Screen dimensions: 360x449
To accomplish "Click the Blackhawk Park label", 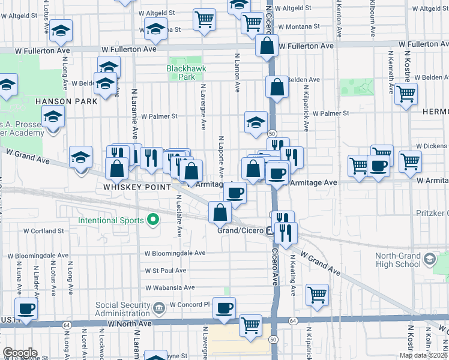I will pyautogui.click(x=186, y=73).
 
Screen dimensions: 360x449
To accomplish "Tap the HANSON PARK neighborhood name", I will pyautogui.click(x=66, y=101).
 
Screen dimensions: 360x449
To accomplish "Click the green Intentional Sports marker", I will pyautogui.click(x=153, y=220).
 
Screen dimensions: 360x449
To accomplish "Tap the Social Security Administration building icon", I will pyautogui.click(x=158, y=309).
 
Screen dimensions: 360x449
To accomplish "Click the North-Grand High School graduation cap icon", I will pyautogui.click(x=429, y=259).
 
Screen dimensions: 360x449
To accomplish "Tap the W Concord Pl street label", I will pyautogui.click(x=190, y=304).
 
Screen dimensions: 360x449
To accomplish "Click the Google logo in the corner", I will pyautogui.click(x=20, y=352).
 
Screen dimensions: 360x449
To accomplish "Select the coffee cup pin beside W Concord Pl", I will pyautogui.click(x=224, y=308).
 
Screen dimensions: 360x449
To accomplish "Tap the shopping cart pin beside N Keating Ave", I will pyautogui.click(x=317, y=295).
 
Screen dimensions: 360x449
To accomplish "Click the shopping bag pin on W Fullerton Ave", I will pyautogui.click(x=266, y=46).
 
